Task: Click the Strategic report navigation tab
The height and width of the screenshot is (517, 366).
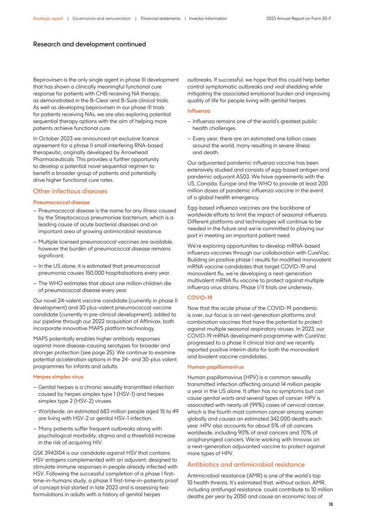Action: point(48,19)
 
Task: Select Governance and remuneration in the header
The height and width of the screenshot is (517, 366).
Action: point(102,19)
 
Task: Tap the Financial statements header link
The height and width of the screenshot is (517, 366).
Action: point(160,19)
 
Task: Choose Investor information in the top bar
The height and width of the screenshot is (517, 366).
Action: point(208,19)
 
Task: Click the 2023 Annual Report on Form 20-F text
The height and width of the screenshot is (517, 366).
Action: point(299,19)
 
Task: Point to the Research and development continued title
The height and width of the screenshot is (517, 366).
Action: point(89,44)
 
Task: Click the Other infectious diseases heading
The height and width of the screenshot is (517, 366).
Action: point(70,191)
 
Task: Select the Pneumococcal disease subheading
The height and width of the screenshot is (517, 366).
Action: point(61,202)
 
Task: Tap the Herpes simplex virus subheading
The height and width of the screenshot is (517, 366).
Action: point(58,377)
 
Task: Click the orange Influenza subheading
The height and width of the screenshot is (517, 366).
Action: point(199,111)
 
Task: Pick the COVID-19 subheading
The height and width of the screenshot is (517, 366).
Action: point(200,298)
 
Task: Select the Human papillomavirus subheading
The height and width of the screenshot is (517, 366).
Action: point(215,367)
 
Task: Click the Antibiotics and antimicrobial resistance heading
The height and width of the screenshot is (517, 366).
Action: point(246,465)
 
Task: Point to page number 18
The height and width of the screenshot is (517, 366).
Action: point(330,505)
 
